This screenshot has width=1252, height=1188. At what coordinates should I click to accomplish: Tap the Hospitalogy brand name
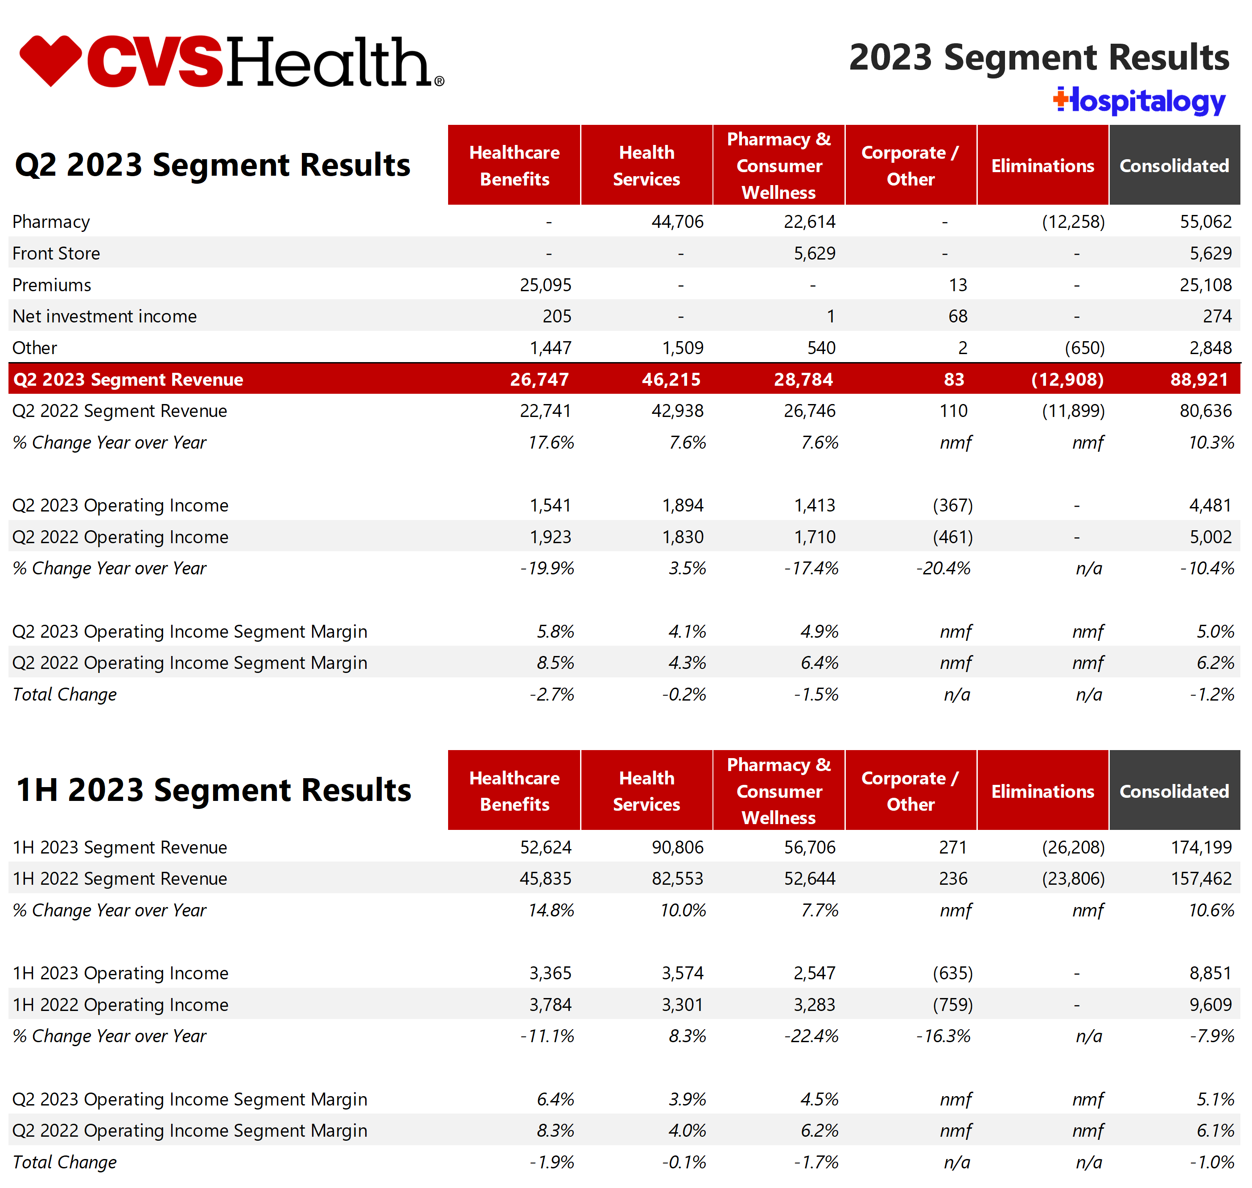1140,101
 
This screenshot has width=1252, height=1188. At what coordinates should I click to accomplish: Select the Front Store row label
56,253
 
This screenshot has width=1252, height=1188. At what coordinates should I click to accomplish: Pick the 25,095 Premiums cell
545,285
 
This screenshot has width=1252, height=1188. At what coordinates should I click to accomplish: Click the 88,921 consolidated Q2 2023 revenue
1199,379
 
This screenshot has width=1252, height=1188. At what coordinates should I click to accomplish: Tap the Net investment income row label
104,316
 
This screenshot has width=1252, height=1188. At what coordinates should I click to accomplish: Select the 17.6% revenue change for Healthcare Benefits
551,443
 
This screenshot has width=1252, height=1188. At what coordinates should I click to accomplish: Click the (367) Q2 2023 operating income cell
952,505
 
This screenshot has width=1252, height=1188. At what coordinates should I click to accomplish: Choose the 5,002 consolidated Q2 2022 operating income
1210,537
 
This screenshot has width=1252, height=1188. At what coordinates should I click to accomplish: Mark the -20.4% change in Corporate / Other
943,568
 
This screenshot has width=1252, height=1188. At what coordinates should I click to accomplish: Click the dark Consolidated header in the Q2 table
1174,166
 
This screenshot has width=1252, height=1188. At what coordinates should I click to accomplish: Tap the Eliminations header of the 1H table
1042,791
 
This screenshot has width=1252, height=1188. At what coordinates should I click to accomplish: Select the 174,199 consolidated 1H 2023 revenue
1201,847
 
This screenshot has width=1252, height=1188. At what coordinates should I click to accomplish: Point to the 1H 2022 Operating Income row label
120,1005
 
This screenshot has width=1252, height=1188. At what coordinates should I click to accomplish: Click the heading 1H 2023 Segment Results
214,790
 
